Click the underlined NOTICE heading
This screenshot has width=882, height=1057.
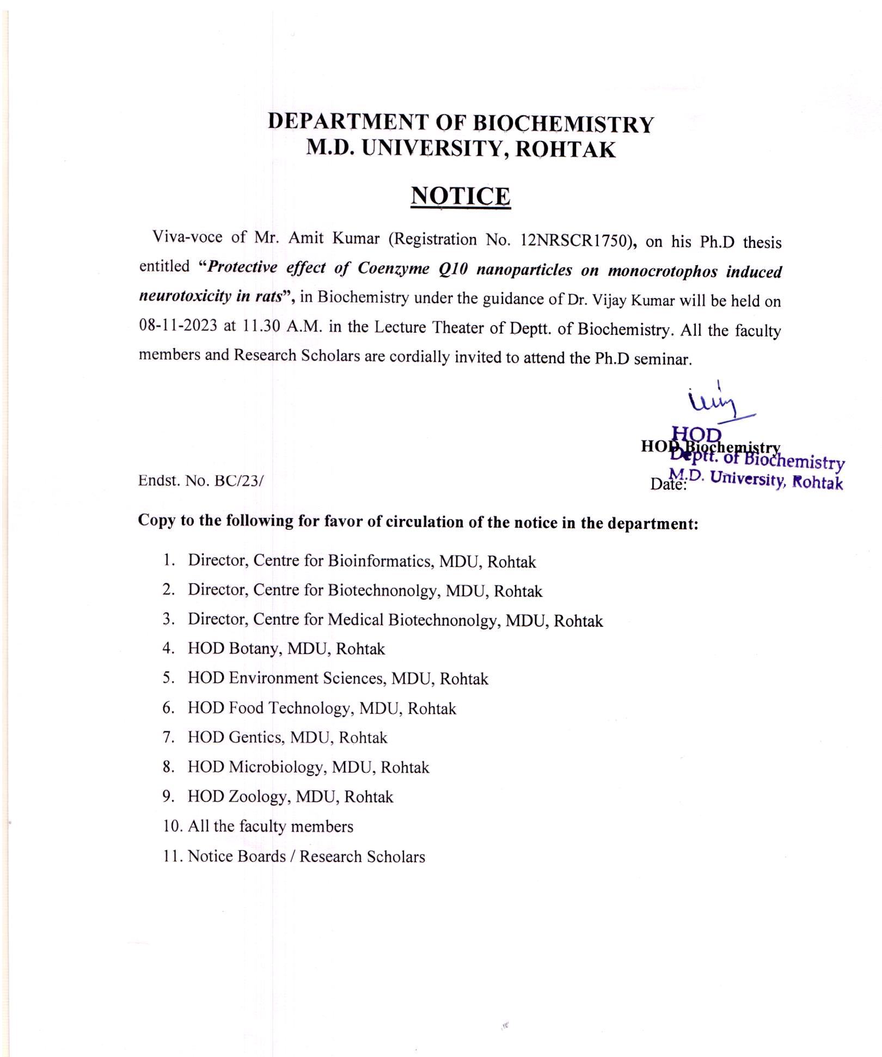(460, 196)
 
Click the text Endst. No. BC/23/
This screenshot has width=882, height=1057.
(201, 480)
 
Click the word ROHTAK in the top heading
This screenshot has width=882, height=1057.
(565, 149)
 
